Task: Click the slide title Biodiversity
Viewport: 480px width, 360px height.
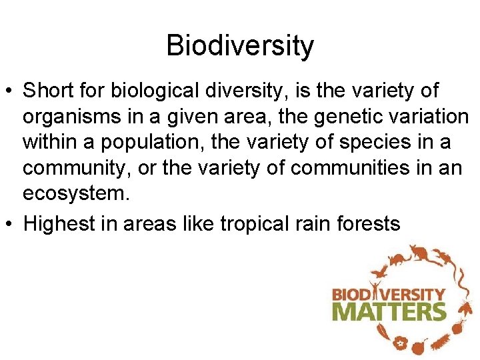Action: pyautogui.click(x=240, y=46)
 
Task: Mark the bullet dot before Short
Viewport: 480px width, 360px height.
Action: pyautogui.click(x=11, y=90)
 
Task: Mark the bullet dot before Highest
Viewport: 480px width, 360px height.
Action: pyautogui.click(x=11, y=224)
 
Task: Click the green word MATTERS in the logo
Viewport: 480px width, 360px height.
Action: pyautogui.click(x=389, y=312)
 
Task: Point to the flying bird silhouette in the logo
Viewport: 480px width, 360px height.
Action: pyautogui.click(x=381, y=272)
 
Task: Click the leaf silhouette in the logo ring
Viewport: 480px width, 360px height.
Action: pyautogui.click(x=382, y=332)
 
